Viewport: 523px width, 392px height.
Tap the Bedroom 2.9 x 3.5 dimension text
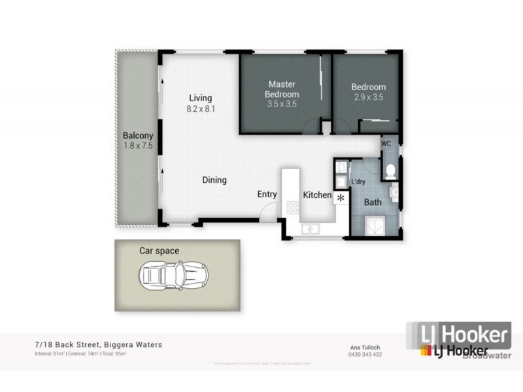point(368,96)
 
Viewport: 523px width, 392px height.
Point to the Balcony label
point(138,137)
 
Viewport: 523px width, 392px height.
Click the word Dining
point(214,180)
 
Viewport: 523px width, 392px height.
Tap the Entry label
point(267,194)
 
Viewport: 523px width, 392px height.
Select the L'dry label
point(358,182)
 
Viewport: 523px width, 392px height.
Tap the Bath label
point(373,202)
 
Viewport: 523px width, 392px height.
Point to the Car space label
point(159,250)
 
